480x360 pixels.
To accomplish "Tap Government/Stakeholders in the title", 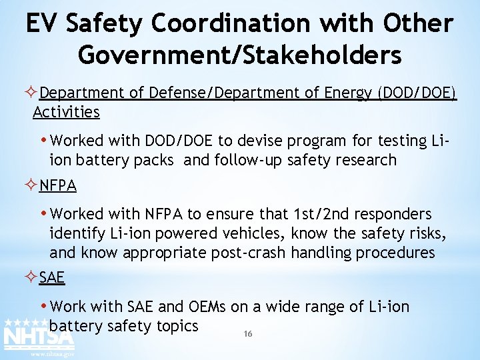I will [240, 55].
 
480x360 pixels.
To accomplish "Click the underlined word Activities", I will [66, 111].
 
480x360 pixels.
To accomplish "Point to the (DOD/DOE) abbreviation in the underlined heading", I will [417, 93].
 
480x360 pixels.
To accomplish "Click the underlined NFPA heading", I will [58, 185].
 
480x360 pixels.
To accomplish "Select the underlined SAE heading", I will [52, 277].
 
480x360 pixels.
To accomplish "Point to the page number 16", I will [248, 334].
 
